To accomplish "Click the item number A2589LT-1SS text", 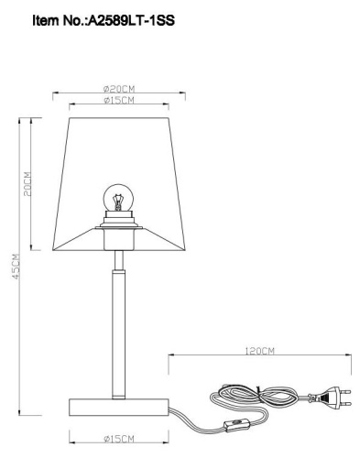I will click(x=128, y=17).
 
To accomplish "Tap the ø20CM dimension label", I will click(x=119, y=87).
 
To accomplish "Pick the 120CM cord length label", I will click(x=261, y=350).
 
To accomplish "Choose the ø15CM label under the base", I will click(x=119, y=439).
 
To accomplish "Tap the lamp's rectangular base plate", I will click(x=119, y=405).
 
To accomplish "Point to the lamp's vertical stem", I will click(x=118, y=330).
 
